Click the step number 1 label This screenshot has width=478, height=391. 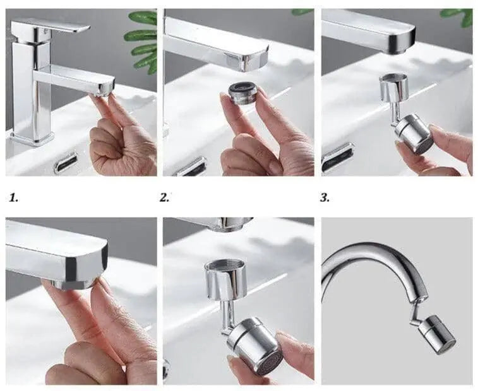point(13,198)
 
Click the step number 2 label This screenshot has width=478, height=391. point(164,198)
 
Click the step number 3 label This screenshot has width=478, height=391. point(325,198)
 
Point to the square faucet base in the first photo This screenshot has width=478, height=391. point(32,138)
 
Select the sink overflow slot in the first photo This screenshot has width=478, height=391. point(66,163)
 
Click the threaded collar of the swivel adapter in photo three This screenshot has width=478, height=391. point(394,87)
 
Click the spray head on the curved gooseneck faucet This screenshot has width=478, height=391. point(436,335)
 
